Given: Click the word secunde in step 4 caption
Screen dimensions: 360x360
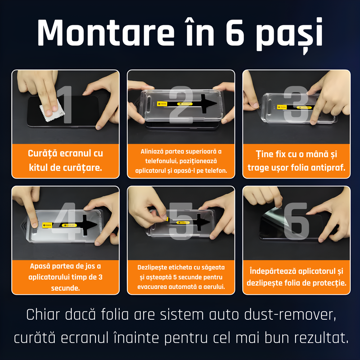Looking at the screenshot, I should click(x=65, y=288).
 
